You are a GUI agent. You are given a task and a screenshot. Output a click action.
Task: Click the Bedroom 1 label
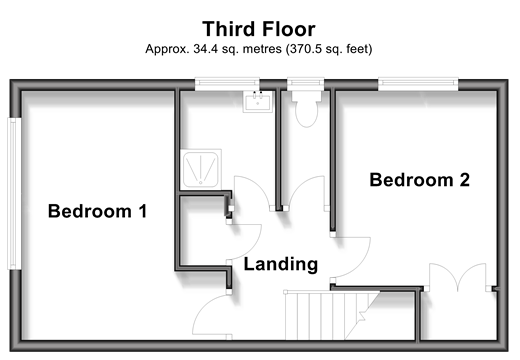(x=97, y=211)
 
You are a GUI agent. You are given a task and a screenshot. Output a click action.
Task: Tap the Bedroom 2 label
(x=420, y=180)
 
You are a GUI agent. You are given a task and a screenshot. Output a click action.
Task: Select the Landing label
(x=281, y=264)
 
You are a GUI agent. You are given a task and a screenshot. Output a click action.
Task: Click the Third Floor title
(x=259, y=29)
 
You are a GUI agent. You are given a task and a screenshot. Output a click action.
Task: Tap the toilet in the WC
(x=306, y=108)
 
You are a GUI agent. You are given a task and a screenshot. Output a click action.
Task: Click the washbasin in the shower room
(x=258, y=101)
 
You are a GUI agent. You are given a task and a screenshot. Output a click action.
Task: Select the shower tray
(x=201, y=169)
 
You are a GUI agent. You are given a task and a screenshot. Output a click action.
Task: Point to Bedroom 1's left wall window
(x=14, y=194)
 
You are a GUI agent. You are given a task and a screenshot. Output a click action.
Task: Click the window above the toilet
(x=306, y=84)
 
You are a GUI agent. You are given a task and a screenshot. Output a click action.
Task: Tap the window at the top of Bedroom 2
(x=418, y=84)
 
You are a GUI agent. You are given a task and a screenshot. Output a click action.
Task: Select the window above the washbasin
(x=227, y=84)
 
